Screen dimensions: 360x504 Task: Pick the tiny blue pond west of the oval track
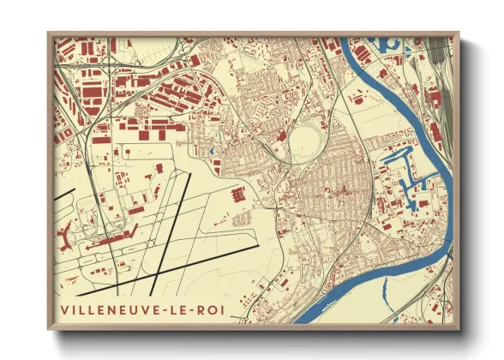[x=212, y=152]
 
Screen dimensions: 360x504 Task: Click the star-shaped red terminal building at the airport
[x=69, y=232]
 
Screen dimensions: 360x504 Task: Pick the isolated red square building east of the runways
[x=237, y=195]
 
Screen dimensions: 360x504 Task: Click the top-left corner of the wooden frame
[x=48, y=33]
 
